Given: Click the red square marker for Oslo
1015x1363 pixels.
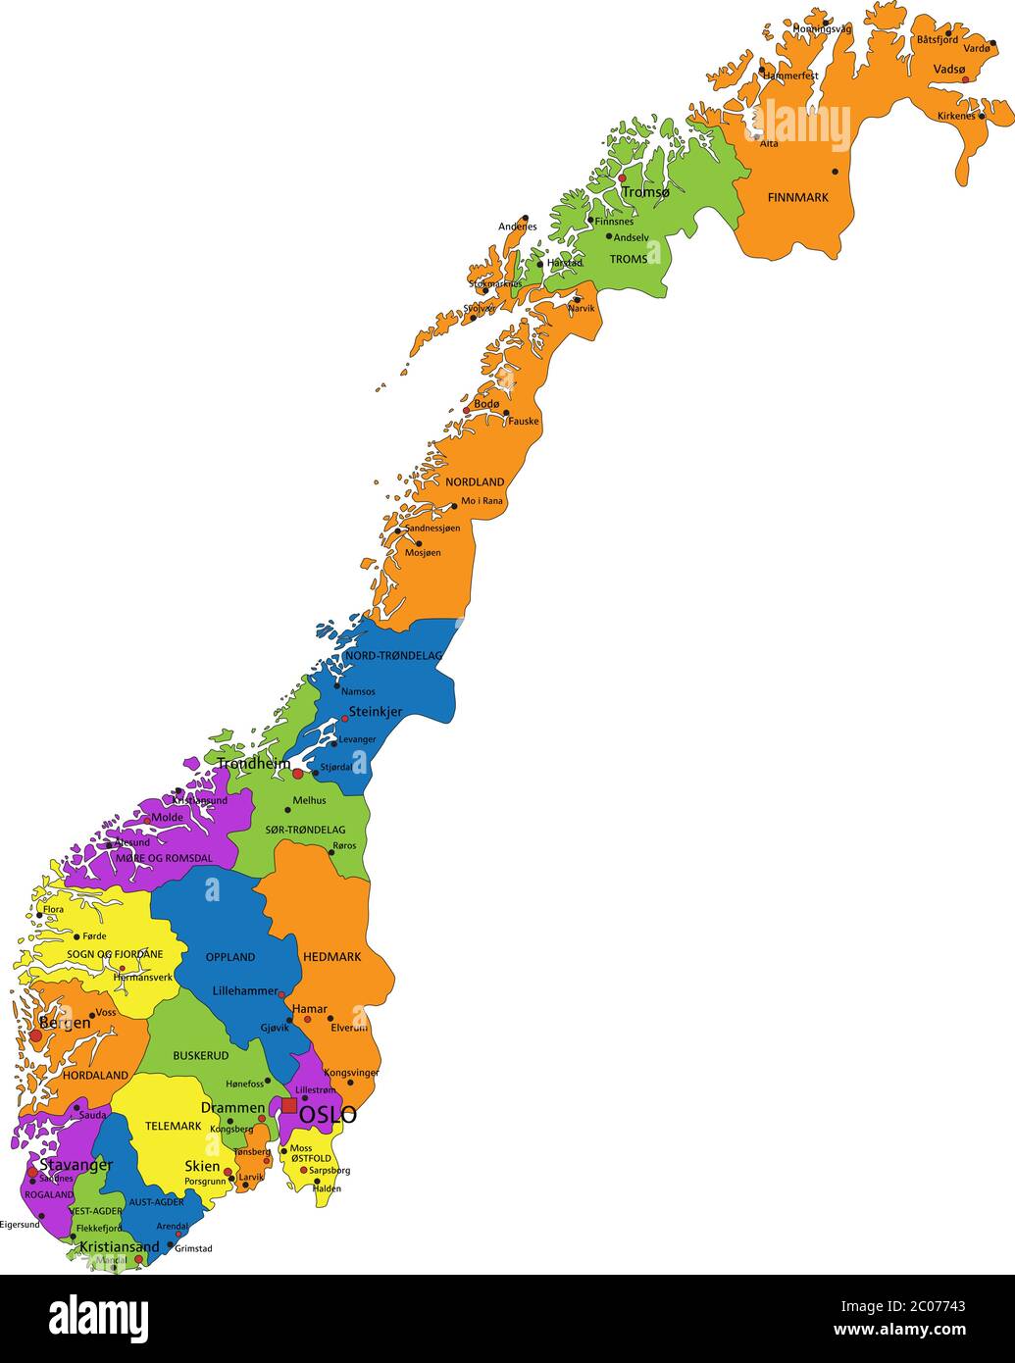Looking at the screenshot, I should [x=289, y=1105].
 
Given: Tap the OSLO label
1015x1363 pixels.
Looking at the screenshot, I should [x=328, y=1116].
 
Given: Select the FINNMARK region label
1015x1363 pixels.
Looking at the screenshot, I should [x=797, y=197].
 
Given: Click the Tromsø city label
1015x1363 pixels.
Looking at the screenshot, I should [x=645, y=193].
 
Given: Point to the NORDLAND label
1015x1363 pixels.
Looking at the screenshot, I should [x=475, y=482].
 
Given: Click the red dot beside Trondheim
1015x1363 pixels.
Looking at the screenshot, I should [x=298, y=773].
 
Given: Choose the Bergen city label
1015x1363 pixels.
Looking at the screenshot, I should [x=65, y=1023].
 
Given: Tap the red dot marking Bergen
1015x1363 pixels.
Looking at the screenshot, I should [x=36, y=1035].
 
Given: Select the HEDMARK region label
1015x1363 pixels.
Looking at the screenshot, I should [x=331, y=957].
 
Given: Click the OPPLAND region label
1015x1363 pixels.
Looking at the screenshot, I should [x=230, y=957].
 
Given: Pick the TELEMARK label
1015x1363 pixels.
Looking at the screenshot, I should [x=173, y=1126].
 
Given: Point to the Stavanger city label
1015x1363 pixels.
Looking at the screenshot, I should [x=76, y=1165].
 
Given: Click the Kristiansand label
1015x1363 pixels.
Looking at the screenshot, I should [x=120, y=1247].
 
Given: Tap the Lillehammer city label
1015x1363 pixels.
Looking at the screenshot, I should [x=245, y=991].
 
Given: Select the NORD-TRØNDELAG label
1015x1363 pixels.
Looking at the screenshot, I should [x=394, y=655].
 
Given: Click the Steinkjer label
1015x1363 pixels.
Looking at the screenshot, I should [x=376, y=712].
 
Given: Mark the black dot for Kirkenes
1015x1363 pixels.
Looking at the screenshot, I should [x=982, y=116].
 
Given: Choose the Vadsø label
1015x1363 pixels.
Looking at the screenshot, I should [x=949, y=69].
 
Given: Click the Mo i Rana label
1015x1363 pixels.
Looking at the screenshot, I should [x=482, y=501].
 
